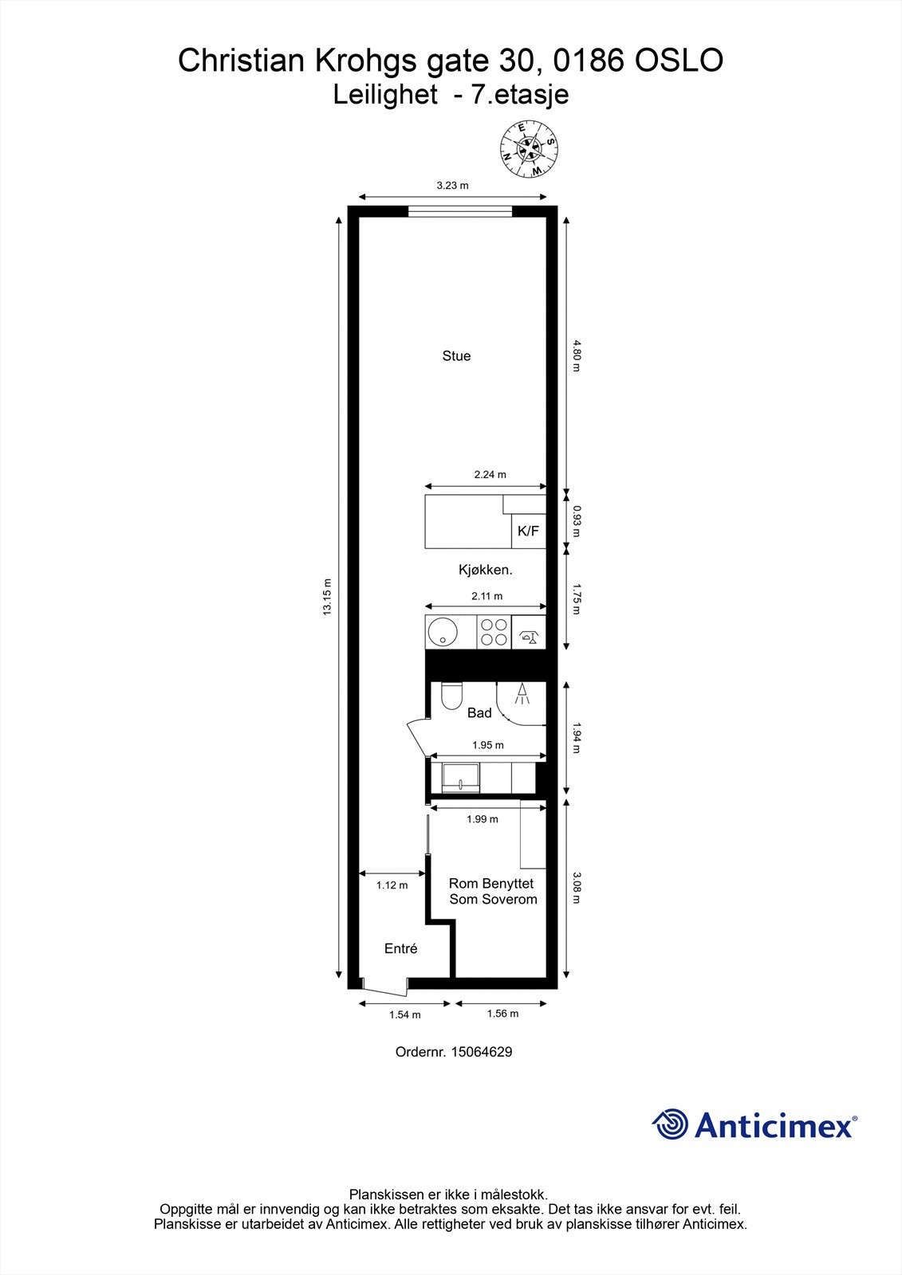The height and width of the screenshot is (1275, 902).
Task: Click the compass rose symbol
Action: (528, 148)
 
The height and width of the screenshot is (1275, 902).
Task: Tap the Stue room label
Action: (456, 356)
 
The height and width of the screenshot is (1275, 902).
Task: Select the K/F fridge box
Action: (528, 531)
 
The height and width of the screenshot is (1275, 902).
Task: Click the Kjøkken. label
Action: (485, 570)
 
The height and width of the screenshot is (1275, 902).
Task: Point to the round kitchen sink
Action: (441, 633)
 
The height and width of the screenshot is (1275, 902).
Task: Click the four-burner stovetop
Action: (494, 633)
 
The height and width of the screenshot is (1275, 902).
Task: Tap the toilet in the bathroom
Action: (451, 696)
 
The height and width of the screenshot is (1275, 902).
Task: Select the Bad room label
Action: (479, 713)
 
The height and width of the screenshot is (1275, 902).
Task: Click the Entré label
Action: (400, 949)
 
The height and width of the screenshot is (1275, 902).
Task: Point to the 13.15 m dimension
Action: (326, 597)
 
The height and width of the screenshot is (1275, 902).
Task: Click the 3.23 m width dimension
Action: (452, 186)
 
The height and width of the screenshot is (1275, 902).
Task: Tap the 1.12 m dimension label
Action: (392, 885)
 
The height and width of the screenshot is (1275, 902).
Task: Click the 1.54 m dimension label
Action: (404, 1015)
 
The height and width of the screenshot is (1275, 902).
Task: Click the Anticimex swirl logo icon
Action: (670, 1124)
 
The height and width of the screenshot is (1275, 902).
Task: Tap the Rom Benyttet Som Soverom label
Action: (492, 892)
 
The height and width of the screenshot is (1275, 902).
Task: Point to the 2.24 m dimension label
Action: (490, 475)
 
